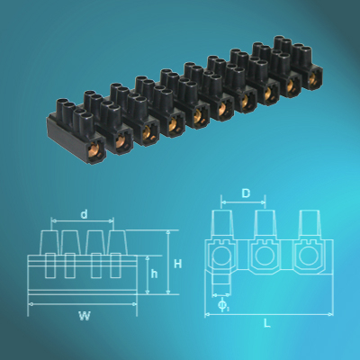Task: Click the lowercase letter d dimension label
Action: coord(84,214)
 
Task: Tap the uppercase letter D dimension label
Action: coord(245,193)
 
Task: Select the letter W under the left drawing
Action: coord(84,315)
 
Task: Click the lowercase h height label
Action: coord(154,274)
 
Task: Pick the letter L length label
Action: coord(267,321)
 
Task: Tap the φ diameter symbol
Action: coord(222,306)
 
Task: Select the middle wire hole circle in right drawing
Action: coord(264,259)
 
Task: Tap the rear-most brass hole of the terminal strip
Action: coord(312,78)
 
